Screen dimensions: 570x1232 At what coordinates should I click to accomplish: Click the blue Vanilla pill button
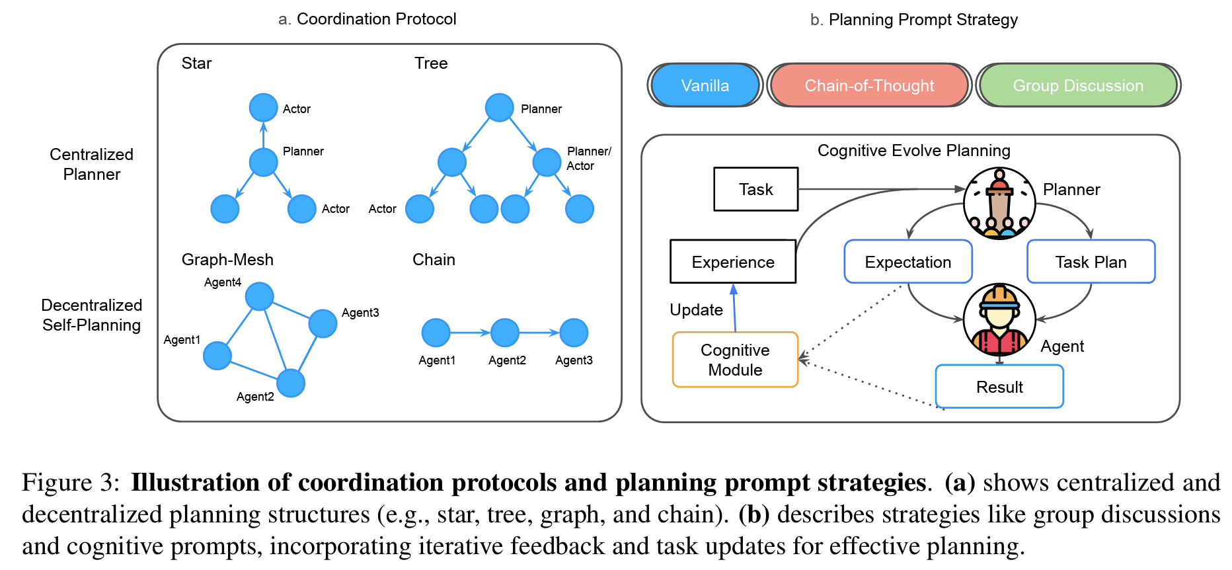pyautogui.click(x=705, y=85)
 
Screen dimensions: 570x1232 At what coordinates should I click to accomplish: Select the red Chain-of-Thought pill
pyautogui.click(x=869, y=85)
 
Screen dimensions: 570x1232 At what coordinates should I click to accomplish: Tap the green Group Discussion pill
pyautogui.click(x=1078, y=85)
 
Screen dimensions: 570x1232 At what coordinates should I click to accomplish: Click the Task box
pyautogui.click(x=755, y=189)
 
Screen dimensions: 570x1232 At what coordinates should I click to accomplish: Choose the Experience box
pyautogui.click(x=733, y=262)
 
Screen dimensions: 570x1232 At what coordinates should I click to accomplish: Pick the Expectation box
pyautogui.click(x=907, y=262)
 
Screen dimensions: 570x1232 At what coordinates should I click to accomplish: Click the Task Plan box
pyautogui.click(x=1091, y=262)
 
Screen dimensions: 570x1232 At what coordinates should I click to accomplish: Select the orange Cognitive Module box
pyautogui.click(x=735, y=360)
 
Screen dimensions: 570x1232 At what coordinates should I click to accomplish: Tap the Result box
pyautogui.click(x=999, y=387)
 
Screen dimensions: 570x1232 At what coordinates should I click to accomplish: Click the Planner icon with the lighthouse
pyautogui.click(x=999, y=203)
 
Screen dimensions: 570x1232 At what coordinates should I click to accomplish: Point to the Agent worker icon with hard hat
pyautogui.click(x=999, y=321)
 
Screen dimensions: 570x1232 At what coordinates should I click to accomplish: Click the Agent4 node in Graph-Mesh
pyautogui.click(x=259, y=296)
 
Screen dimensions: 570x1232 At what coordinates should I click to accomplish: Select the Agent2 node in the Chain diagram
pyautogui.click(x=505, y=333)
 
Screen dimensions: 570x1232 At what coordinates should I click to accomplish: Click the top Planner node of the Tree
pyautogui.click(x=499, y=108)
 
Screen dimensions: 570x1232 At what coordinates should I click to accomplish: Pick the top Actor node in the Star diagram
pyautogui.click(x=263, y=108)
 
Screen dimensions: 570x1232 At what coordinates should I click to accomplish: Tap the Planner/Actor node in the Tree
pyautogui.click(x=547, y=162)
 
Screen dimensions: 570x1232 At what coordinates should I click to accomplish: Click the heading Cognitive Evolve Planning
pyautogui.click(x=913, y=151)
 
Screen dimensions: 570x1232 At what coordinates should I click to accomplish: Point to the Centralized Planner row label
pyautogui.click(x=91, y=164)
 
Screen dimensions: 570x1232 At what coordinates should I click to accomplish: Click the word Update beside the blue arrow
pyautogui.click(x=696, y=310)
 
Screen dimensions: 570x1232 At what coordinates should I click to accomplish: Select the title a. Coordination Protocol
pyautogui.click(x=367, y=19)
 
